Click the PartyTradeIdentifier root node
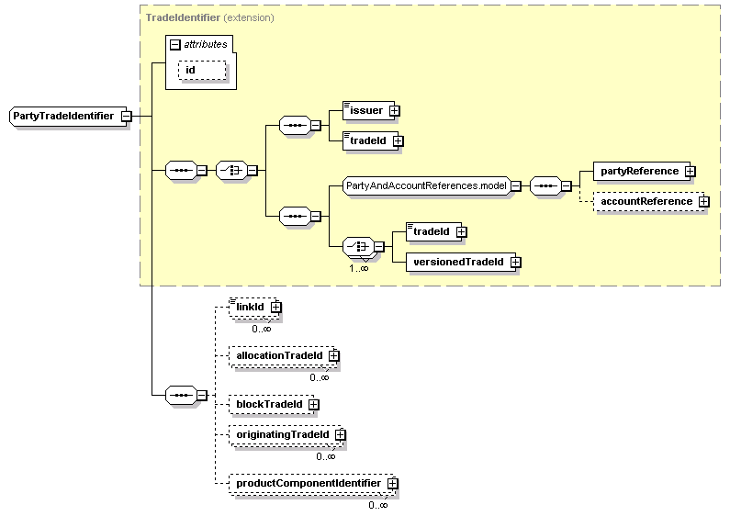click(68, 116)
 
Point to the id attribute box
click(202, 71)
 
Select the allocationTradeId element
click(283, 356)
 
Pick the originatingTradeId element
click(286, 435)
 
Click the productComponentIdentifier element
click(312, 483)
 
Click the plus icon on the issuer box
click(394, 111)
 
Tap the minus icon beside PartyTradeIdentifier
click(126, 116)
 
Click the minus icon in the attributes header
click(175, 45)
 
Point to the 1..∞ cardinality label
click(359, 268)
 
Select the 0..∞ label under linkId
click(261, 329)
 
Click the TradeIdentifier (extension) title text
click(210, 17)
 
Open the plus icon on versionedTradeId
click(515, 263)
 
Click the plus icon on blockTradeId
click(314, 404)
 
